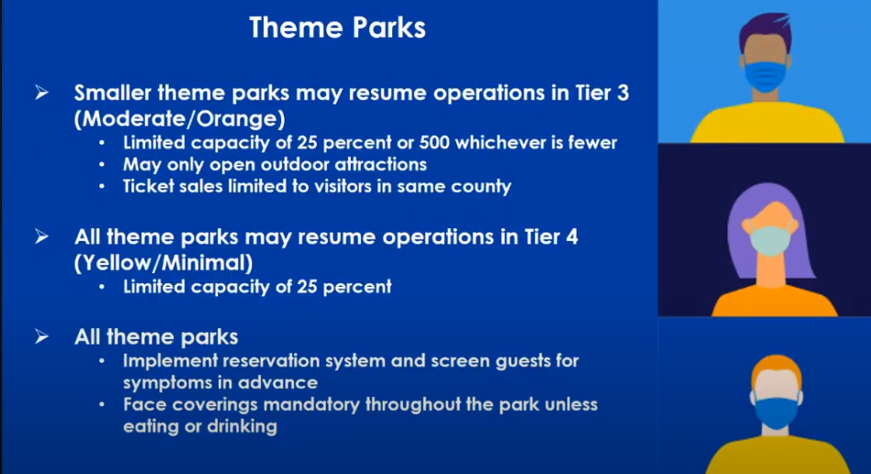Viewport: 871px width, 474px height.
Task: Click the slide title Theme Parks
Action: [x=338, y=27]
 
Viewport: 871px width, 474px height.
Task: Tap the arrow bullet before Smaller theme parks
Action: [x=42, y=92]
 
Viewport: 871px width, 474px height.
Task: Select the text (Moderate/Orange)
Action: [x=179, y=119]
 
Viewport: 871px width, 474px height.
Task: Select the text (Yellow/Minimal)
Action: [x=163, y=263]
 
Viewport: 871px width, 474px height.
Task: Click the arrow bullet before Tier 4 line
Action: [x=42, y=237]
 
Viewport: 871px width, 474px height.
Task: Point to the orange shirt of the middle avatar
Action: [x=775, y=301]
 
